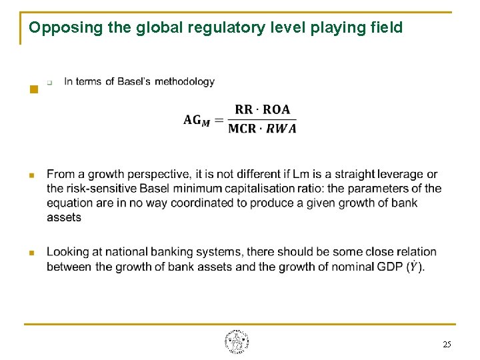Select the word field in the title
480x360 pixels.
[387, 27]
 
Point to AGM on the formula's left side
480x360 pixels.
[197, 120]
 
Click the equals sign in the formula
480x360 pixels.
[219, 119]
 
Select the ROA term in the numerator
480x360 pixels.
[276, 110]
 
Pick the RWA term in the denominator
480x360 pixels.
[281, 129]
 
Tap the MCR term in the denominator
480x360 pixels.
[242, 129]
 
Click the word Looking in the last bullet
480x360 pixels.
[67, 251]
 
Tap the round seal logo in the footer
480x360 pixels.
[237, 342]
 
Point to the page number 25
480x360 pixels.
[446, 344]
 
